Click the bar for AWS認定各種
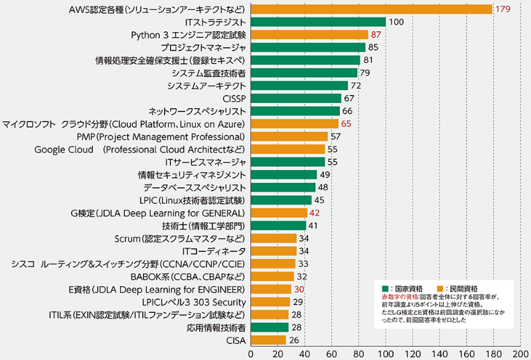(x=371, y=9)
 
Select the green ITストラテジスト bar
(x=318, y=22)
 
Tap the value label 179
(x=502, y=9)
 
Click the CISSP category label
(x=234, y=98)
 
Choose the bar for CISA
(x=268, y=341)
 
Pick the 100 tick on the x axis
(x=386, y=353)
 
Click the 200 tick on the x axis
(x=520, y=353)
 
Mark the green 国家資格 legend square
(x=384, y=288)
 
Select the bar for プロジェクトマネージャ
(x=308, y=47)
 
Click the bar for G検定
(x=279, y=213)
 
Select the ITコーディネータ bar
(x=273, y=251)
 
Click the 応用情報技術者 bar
(x=269, y=327)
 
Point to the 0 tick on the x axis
(x=250, y=353)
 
